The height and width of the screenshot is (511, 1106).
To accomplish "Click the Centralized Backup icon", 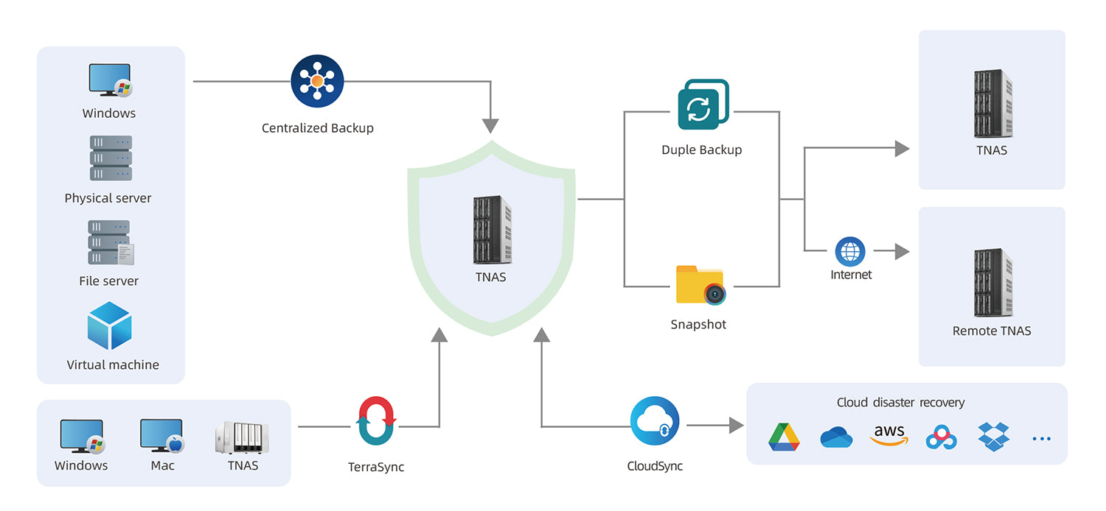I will click(317, 81).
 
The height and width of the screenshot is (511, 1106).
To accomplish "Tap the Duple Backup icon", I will click(703, 105).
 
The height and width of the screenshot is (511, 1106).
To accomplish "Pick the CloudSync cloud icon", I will click(655, 421).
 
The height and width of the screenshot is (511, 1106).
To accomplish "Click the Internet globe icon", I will click(850, 251).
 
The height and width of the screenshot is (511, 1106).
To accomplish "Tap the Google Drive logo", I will click(784, 437).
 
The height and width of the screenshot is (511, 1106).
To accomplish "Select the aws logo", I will click(888, 434).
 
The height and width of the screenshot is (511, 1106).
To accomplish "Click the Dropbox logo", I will click(993, 436).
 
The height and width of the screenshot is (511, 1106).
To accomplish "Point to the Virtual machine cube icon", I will click(109, 325).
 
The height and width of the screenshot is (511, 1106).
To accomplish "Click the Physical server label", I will click(108, 198).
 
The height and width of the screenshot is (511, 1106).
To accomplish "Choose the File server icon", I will click(111, 242).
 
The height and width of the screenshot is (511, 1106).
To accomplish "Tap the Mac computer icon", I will click(161, 435).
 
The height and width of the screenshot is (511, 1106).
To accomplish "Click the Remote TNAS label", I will click(992, 331).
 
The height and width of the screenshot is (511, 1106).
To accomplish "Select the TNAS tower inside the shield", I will click(492, 230).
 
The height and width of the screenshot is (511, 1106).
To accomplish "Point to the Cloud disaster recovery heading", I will click(900, 403).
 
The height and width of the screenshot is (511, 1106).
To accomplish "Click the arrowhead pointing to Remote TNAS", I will click(902, 252).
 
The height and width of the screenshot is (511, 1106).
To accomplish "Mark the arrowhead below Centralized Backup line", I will click(491, 125).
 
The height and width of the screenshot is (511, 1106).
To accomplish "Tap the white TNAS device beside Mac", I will click(242, 437).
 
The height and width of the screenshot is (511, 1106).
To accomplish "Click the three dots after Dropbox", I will click(1041, 439).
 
